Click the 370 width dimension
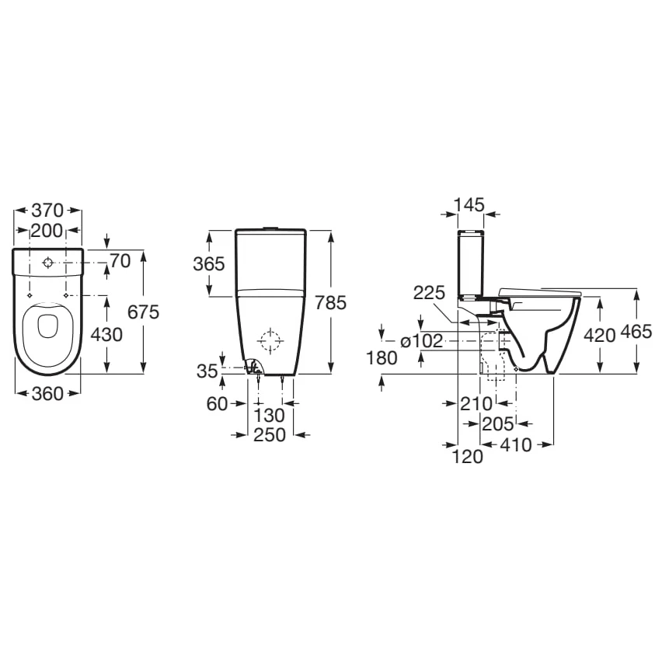click(x=47, y=210)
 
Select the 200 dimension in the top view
click(x=47, y=230)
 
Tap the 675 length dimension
click(x=143, y=312)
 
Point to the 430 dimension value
click(x=106, y=334)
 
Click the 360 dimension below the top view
click(x=47, y=393)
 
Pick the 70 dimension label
click(x=120, y=261)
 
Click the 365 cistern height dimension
click(x=209, y=264)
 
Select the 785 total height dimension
click(x=330, y=302)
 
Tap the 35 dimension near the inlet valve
click(x=207, y=371)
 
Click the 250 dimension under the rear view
click(x=270, y=435)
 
